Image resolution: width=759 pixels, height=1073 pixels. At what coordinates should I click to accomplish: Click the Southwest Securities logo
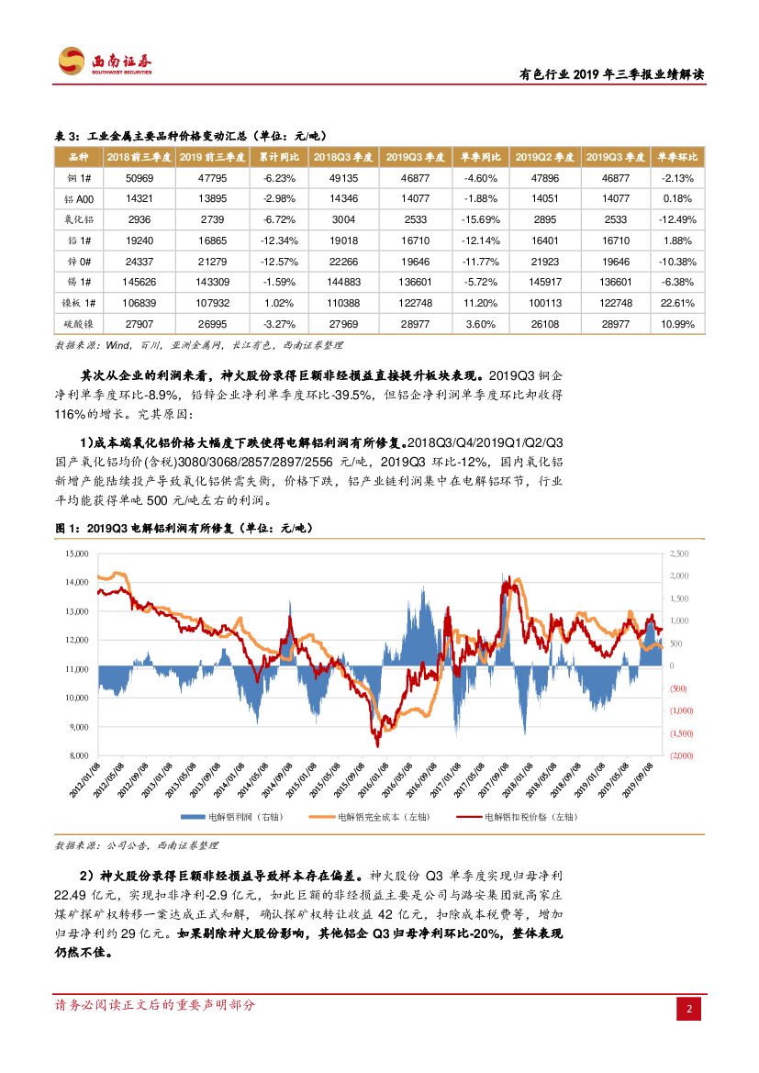[x=106, y=61]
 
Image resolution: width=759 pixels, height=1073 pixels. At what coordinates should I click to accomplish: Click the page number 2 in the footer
[x=689, y=1010]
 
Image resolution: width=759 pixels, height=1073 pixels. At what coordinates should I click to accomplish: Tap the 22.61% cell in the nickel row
[x=680, y=302]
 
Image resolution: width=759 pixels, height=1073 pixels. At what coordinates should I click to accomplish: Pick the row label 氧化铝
[x=79, y=219]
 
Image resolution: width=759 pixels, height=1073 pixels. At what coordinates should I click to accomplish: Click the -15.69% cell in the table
[x=480, y=219]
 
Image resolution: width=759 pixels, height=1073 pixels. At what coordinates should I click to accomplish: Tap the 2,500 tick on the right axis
[x=680, y=553]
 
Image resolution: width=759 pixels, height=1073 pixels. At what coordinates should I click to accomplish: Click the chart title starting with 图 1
[x=184, y=529]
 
